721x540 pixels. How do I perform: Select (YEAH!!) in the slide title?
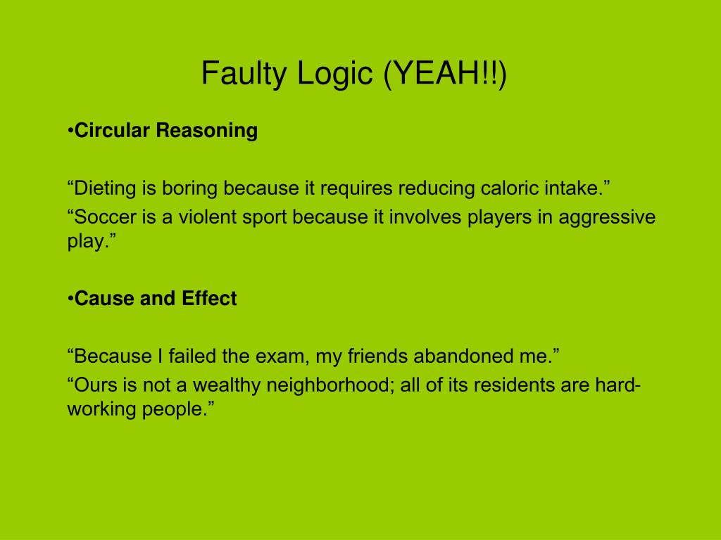444,73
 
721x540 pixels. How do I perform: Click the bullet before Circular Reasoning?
70,131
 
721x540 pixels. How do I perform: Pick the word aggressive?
607,217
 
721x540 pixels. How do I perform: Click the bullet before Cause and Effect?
70,299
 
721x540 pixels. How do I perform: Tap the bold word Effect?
209,299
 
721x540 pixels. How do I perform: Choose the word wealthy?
215,385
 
